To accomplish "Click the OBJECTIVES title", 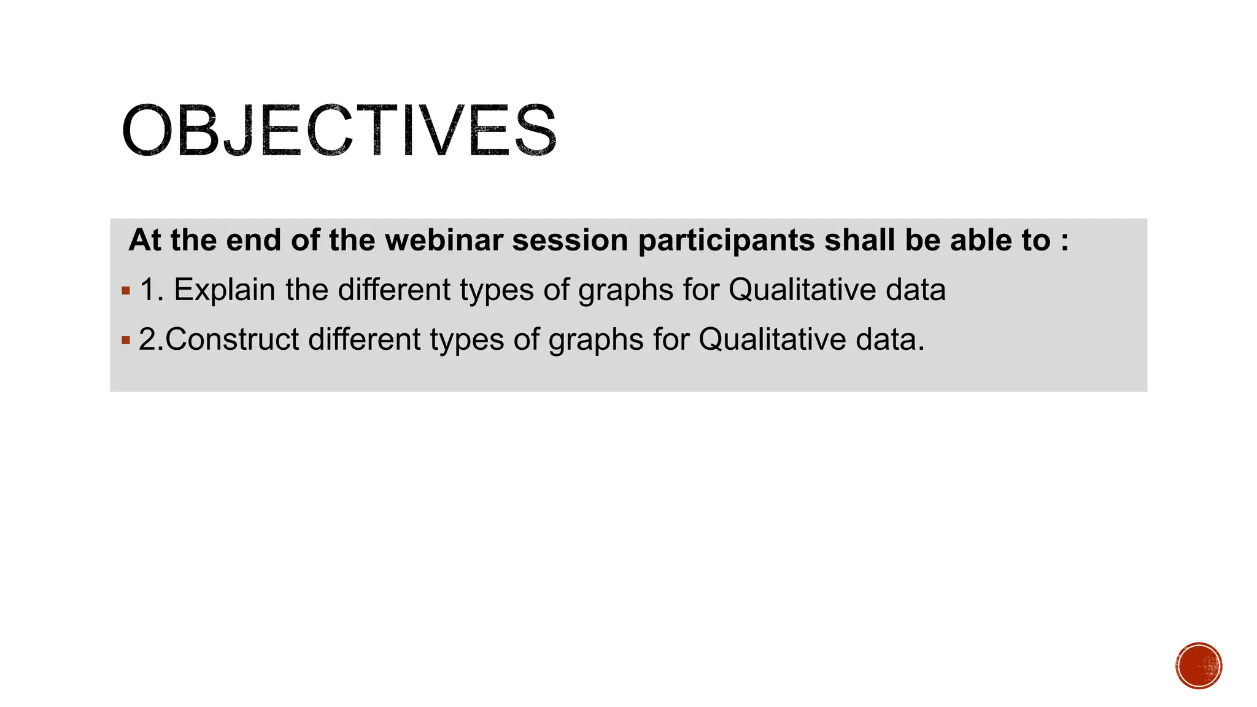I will (339, 130).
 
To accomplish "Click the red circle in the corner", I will (1199, 666).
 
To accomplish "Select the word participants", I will (726, 240).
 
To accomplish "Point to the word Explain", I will (225, 290).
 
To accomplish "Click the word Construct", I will (232, 339).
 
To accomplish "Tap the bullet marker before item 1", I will (126, 291).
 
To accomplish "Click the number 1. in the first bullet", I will (151, 290).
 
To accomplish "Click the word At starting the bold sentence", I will (145, 240).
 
